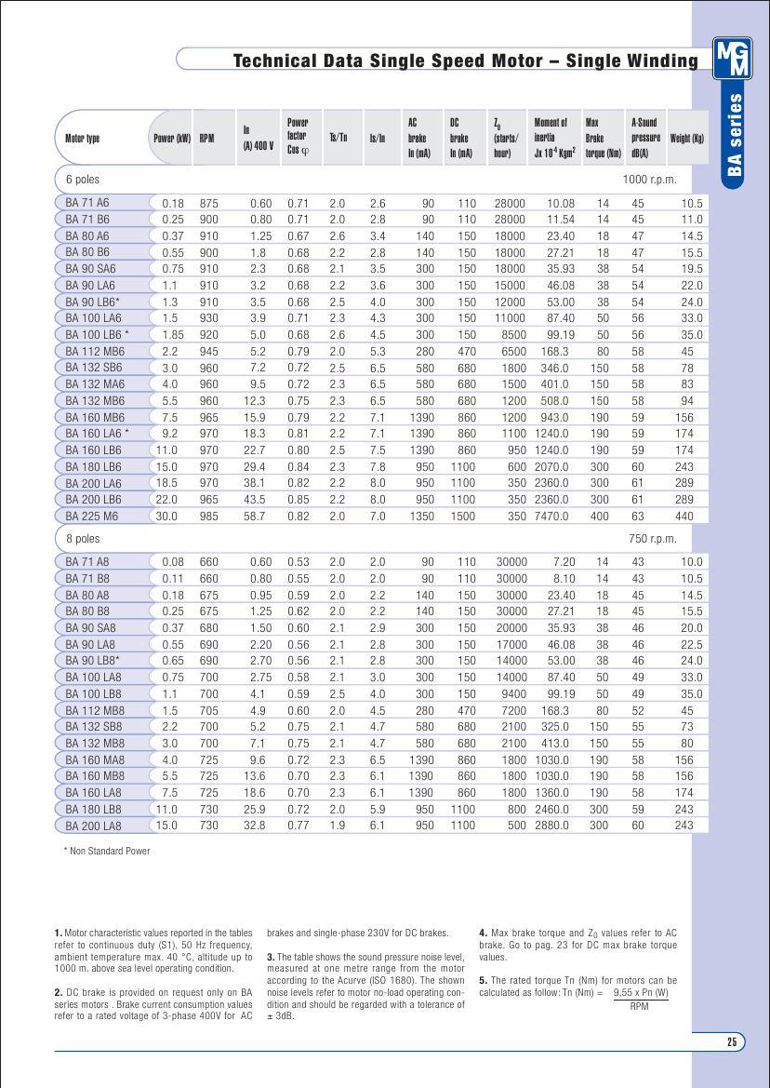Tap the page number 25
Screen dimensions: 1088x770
coord(732,1041)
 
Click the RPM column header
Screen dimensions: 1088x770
coord(206,139)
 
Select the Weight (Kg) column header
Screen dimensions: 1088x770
coord(686,139)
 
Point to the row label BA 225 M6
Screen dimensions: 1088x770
coord(92,516)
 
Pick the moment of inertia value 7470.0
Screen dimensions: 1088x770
coord(551,516)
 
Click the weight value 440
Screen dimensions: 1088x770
coord(684,516)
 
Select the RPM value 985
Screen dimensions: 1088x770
coord(208,516)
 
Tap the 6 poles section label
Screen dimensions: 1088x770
coord(83,179)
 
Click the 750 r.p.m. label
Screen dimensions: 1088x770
coord(652,539)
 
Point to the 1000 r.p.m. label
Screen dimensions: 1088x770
coord(649,179)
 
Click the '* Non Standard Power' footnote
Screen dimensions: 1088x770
coord(106,851)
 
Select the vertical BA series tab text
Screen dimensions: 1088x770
coord(734,134)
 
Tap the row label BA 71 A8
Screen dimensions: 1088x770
coord(87,562)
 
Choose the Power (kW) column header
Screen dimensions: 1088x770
coord(171,139)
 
